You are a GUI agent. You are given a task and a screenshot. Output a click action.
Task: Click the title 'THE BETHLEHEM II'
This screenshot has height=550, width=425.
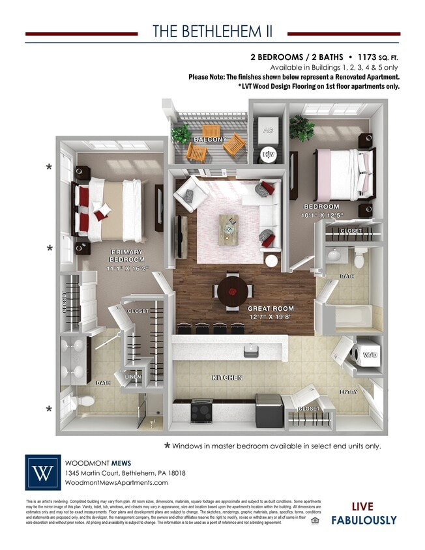(x=212, y=32)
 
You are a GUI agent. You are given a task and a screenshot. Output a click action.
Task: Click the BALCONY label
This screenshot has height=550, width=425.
(x=210, y=139)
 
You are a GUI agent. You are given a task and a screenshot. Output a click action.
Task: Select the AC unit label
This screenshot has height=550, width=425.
(x=267, y=131)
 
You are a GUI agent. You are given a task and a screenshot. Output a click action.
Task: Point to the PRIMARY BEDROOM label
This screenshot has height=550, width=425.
(x=126, y=255)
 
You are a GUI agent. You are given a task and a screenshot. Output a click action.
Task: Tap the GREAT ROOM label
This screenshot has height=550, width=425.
(x=270, y=308)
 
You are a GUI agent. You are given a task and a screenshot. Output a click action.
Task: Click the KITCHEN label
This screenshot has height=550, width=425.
(x=226, y=377)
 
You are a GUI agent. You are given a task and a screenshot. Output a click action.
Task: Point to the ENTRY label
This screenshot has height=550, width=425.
(x=349, y=392)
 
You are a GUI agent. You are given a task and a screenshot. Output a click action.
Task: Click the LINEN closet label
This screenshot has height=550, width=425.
(x=133, y=376)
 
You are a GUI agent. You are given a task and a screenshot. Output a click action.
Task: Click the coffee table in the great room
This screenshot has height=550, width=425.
(x=229, y=225)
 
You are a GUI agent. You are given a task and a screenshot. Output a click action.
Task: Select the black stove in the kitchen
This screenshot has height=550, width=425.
(x=201, y=410)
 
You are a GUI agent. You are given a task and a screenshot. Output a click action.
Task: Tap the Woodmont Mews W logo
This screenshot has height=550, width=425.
(x=42, y=472)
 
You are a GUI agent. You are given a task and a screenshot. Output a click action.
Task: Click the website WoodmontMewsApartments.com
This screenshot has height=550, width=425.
(x=116, y=483)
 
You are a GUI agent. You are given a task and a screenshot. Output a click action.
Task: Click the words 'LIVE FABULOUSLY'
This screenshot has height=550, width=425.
(x=364, y=513)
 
